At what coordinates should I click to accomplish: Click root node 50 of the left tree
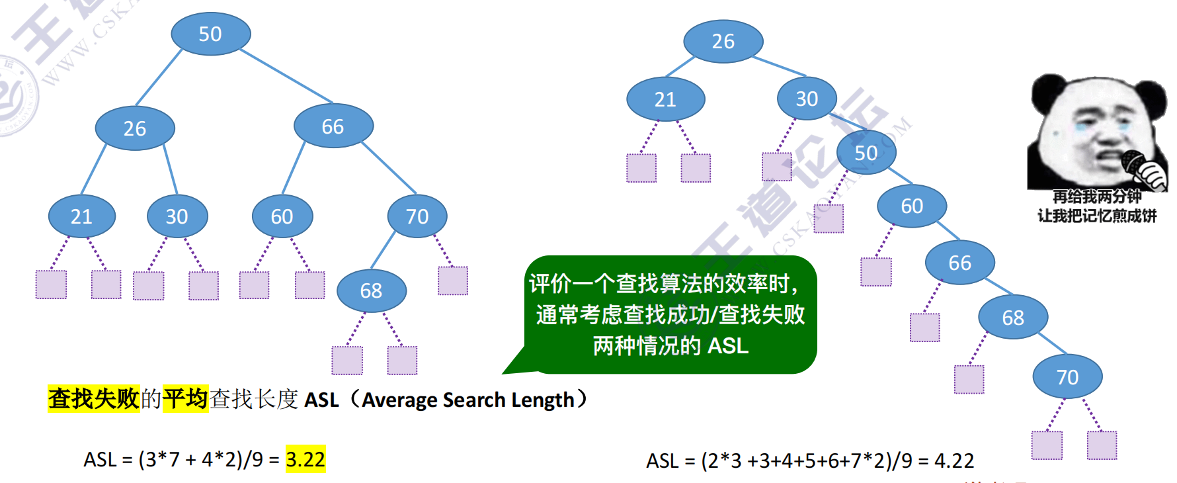point(210,34)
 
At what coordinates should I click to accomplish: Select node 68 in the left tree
point(371,291)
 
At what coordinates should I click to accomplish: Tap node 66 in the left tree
point(333,126)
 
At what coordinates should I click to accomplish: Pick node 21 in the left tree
point(82,216)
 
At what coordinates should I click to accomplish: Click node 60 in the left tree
point(282,216)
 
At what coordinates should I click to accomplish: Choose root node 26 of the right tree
point(723,42)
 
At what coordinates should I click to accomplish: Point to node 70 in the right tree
point(1067,377)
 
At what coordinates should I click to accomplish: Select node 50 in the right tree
point(866,153)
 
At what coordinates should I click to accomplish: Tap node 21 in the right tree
point(665,99)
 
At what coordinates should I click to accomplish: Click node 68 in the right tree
point(1013,318)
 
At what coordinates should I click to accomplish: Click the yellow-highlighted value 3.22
point(305,459)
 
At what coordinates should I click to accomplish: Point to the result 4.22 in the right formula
point(954,461)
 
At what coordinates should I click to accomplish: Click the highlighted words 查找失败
point(93,399)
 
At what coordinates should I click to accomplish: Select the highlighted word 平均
point(186,399)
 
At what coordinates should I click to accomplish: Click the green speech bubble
point(670,315)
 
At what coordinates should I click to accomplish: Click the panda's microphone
point(1135,163)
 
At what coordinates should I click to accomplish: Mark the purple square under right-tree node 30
point(776,167)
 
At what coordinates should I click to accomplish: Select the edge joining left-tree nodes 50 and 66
point(286,75)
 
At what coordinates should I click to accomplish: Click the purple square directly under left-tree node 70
point(453,281)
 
